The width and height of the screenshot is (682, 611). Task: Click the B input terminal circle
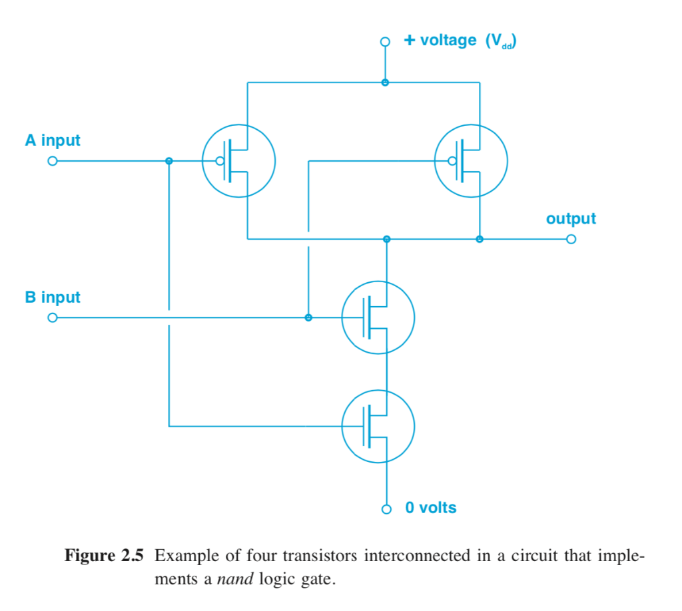pyautogui.click(x=52, y=318)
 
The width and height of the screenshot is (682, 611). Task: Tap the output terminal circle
pyautogui.click(x=570, y=240)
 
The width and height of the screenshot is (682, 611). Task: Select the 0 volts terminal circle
pyautogui.click(x=386, y=509)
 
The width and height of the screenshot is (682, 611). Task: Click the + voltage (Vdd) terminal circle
pyautogui.click(x=385, y=42)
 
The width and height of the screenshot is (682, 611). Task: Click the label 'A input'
pyautogui.click(x=53, y=140)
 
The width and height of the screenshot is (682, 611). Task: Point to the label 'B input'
pyautogui.click(x=53, y=298)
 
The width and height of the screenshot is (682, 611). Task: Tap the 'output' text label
pyautogui.click(x=571, y=218)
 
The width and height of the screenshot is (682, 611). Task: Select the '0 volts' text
pyautogui.click(x=431, y=508)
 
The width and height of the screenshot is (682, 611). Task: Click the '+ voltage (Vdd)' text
pyautogui.click(x=460, y=41)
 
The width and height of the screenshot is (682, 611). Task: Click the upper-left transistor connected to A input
pyautogui.click(x=238, y=161)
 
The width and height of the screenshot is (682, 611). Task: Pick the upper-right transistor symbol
pyautogui.click(x=471, y=161)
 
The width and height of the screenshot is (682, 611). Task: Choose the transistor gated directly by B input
pyautogui.click(x=378, y=317)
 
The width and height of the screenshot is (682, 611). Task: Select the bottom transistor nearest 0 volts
pyautogui.click(x=378, y=426)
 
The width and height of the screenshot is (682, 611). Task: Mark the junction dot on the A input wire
pyautogui.click(x=169, y=161)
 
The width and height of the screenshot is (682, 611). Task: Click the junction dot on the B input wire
pyautogui.click(x=308, y=317)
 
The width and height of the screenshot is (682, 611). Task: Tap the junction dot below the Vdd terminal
pyautogui.click(x=385, y=83)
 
